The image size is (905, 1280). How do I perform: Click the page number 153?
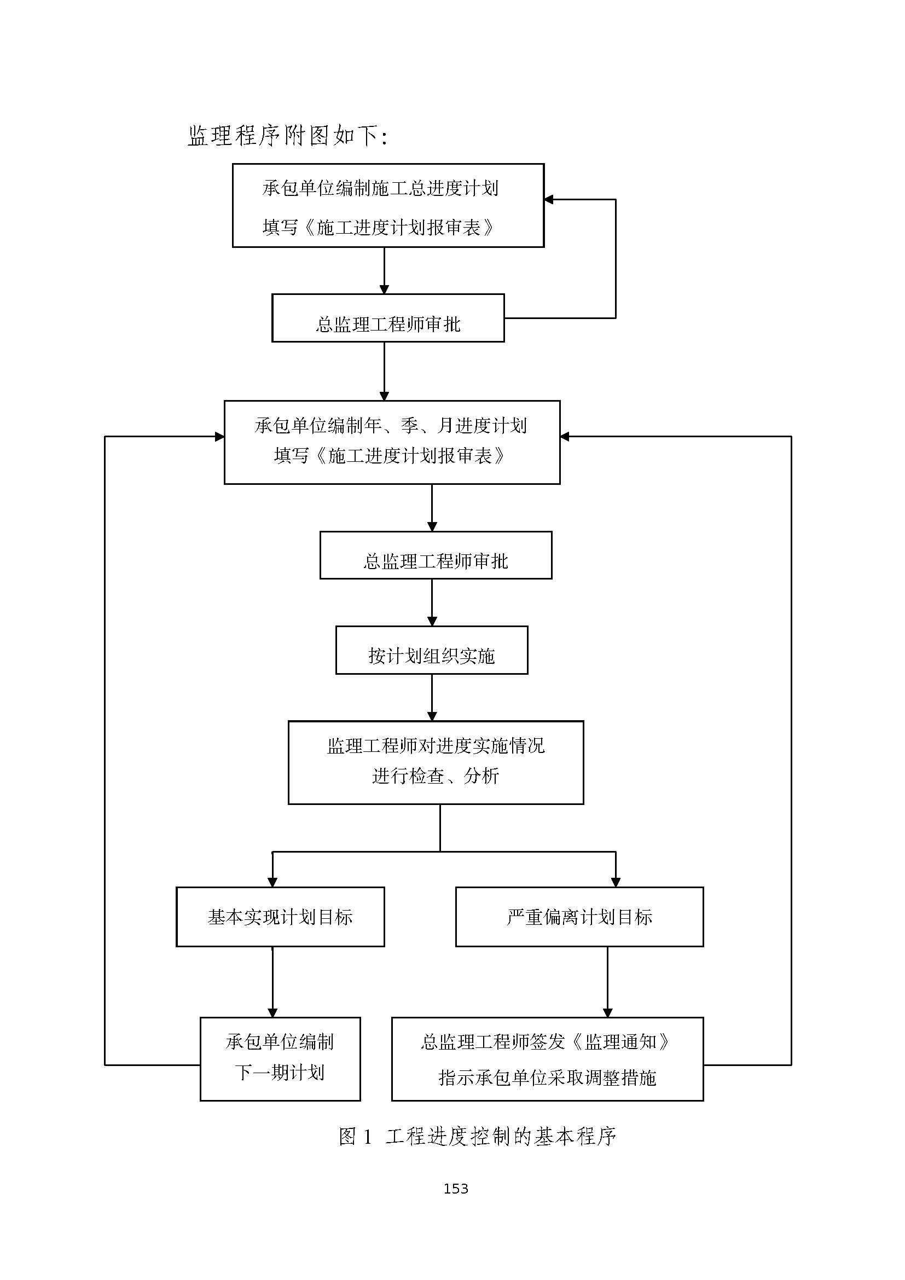(x=455, y=1189)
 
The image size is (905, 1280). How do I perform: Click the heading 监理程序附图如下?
(x=287, y=136)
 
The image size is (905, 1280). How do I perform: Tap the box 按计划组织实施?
(x=431, y=650)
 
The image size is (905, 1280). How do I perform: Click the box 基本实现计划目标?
(x=280, y=917)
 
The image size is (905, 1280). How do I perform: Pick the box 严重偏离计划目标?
(x=579, y=917)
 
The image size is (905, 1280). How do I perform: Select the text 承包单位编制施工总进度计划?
(x=380, y=188)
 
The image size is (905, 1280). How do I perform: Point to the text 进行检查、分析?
(x=435, y=775)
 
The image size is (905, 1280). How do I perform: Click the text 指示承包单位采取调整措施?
(x=547, y=1078)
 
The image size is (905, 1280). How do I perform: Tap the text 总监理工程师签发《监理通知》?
(x=547, y=1041)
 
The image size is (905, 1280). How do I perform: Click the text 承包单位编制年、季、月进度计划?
(x=391, y=425)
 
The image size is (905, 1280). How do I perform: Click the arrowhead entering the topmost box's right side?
(x=549, y=200)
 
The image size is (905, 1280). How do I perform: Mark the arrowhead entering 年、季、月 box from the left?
(x=219, y=437)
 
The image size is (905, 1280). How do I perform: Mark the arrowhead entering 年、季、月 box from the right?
(x=565, y=437)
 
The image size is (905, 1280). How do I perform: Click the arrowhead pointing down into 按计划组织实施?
(x=432, y=621)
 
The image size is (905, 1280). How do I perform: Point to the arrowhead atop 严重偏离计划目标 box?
(x=616, y=883)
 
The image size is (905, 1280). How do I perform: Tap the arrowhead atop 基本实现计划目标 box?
(x=272, y=883)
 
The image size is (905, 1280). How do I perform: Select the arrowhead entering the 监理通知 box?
(x=607, y=1013)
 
